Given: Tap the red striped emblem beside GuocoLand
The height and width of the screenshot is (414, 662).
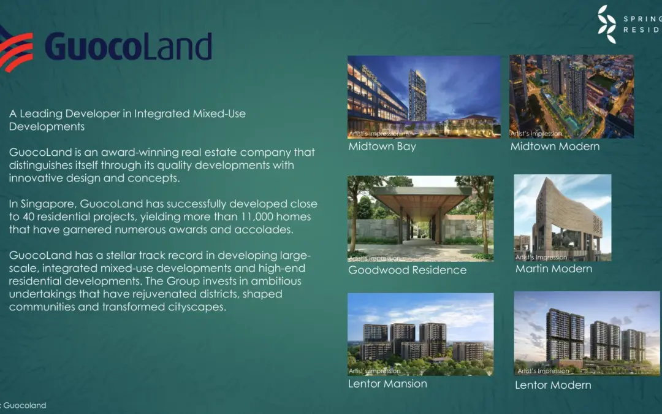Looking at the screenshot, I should click(15, 48).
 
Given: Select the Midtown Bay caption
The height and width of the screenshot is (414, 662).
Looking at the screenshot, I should click(382, 147).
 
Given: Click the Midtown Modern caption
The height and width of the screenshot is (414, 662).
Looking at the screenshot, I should click(555, 147).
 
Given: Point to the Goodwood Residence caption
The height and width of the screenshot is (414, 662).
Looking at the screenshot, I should click(407, 270).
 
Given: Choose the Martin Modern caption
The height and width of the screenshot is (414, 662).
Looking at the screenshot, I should click(554, 269).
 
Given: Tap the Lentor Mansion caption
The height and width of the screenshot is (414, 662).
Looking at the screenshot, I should click(387, 384).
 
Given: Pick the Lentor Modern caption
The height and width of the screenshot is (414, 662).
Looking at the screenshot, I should click(553, 385).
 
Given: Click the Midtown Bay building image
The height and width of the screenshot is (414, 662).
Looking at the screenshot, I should click(424, 96).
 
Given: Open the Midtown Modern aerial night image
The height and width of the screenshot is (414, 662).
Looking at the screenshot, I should click(571, 96).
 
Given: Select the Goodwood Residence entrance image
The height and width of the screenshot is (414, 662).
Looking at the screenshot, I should click(420, 218).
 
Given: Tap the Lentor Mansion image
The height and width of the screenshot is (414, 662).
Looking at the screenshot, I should click(420, 334).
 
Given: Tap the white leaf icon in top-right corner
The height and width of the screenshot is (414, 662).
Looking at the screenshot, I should click(607, 24).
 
